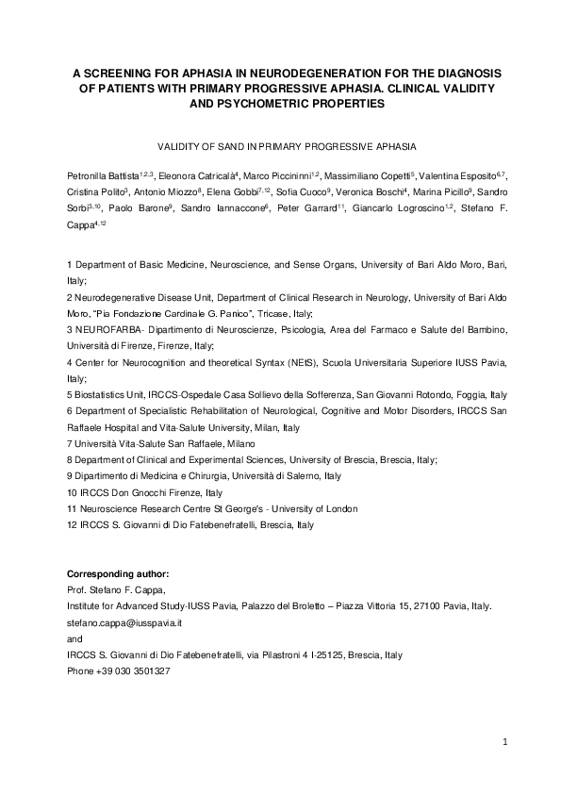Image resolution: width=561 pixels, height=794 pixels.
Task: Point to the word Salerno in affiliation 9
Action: point(297,476)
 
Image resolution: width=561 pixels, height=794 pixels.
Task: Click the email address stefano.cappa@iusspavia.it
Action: point(127,623)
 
